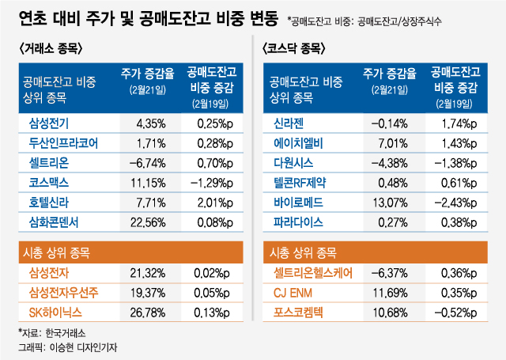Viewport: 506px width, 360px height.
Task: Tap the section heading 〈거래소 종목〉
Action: click(x=50, y=49)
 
